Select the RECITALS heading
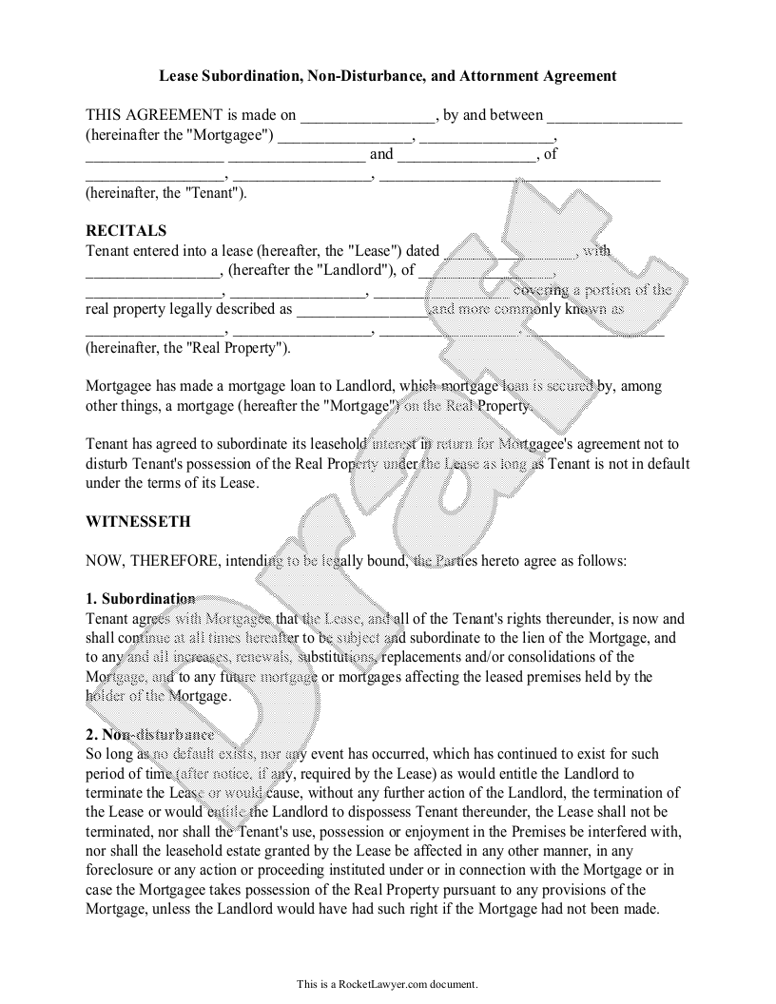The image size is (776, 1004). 126,231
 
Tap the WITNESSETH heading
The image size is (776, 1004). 138,522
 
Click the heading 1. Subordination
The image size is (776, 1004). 140,599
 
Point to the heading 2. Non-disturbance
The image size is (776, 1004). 149,735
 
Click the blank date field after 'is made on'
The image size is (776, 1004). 367,116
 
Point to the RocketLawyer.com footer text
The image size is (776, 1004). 387,984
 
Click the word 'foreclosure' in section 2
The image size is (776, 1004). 122,870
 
